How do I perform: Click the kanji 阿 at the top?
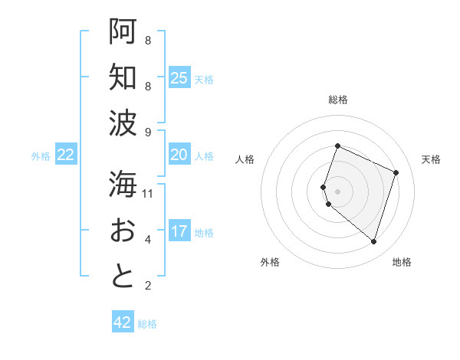point(123,31)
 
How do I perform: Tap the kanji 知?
point(123,77)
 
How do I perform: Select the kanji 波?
point(123,123)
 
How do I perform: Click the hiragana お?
point(123,231)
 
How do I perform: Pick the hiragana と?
point(123,277)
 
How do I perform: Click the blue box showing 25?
point(179,77)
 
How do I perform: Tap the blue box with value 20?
point(179,155)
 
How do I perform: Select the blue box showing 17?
point(179,231)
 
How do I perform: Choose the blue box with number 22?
point(65,155)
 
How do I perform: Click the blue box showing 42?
point(123,322)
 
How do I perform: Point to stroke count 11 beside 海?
point(149,194)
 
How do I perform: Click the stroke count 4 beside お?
point(148,240)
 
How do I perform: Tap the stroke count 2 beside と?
point(148,286)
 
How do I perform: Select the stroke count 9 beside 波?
point(148,132)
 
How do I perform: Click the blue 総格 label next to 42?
point(147,324)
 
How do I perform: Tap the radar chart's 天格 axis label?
point(431,159)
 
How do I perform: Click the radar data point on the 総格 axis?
point(337,146)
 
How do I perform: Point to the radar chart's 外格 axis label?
point(270,262)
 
